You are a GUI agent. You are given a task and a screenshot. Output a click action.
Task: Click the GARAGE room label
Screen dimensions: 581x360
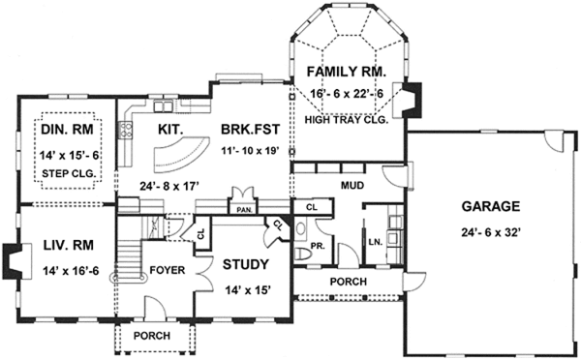click(491, 206)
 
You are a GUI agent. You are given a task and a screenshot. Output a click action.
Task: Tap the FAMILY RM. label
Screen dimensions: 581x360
click(347, 72)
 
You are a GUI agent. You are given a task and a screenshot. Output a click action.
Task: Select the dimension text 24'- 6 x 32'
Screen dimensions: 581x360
click(491, 232)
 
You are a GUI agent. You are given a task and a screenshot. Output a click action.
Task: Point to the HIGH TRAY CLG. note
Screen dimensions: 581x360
click(346, 120)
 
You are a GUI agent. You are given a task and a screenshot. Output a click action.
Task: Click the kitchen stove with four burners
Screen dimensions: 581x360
click(126, 130)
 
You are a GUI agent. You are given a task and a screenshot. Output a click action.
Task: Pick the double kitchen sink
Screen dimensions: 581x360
click(164, 106)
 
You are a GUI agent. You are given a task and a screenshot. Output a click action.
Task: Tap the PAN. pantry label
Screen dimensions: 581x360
click(245, 210)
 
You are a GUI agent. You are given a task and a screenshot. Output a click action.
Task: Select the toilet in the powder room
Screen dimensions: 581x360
click(304, 255)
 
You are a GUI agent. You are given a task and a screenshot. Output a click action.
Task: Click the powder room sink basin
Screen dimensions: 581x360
click(301, 228)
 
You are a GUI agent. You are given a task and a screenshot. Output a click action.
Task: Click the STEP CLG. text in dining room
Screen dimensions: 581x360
click(69, 173)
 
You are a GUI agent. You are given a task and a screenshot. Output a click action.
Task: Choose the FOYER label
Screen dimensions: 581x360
click(168, 270)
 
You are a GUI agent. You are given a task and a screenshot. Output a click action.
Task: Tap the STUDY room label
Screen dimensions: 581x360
click(246, 264)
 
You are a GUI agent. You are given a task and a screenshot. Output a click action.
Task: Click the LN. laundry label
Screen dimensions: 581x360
click(376, 243)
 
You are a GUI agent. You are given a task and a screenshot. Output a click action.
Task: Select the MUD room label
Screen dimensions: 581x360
click(352, 185)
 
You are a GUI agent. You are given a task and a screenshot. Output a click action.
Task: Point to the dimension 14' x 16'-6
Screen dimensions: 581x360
click(71, 271)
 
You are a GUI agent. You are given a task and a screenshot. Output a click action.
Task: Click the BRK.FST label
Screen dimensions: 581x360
click(251, 130)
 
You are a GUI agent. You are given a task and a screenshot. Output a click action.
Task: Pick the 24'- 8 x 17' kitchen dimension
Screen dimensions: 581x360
click(170, 186)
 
